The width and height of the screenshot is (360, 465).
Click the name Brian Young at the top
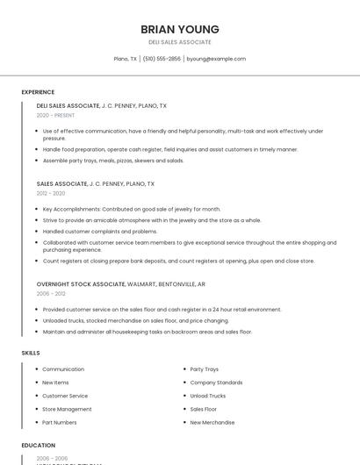[180, 29]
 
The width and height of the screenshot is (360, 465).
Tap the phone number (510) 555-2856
[162, 59]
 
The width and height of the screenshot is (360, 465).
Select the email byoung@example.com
[216, 59]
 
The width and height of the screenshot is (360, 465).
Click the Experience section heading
[38, 92]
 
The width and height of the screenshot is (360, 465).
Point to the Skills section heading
[31, 353]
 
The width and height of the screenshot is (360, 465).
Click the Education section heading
[38, 446]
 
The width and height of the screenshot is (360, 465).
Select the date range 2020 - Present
[55, 115]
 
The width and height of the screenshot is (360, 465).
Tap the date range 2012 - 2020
[51, 193]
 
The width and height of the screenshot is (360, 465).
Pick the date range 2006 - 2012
[51, 294]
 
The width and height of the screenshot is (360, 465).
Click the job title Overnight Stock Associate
[81, 284]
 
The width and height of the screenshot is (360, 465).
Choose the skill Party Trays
[205, 369]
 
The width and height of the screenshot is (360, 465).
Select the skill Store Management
[67, 409]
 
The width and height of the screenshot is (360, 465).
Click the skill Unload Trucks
[208, 396]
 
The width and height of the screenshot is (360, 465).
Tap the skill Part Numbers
[60, 422]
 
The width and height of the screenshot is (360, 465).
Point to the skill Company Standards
[216, 383]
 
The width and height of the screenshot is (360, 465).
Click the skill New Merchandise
[212, 422]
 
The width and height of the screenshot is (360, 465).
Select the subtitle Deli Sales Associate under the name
[180, 42]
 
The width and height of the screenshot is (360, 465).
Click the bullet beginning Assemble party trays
[113, 161]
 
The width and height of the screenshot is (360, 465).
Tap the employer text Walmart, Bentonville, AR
[167, 284]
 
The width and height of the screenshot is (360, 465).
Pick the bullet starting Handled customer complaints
[100, 232]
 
